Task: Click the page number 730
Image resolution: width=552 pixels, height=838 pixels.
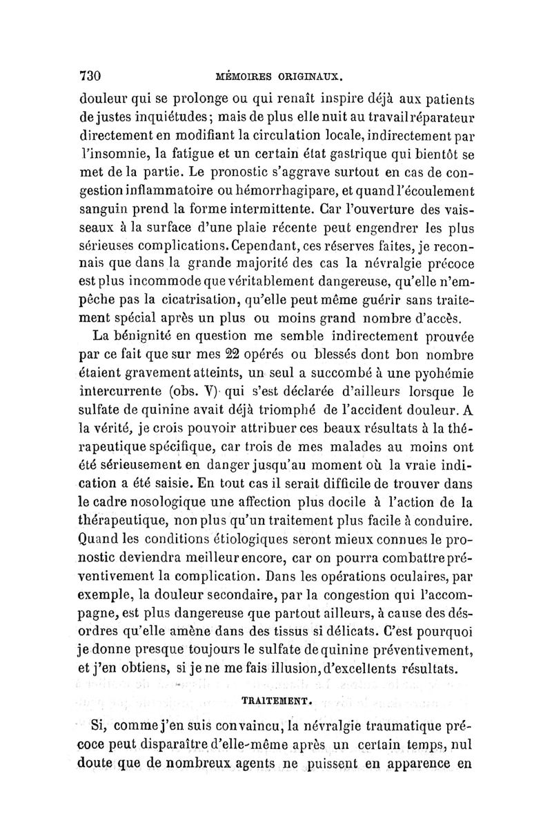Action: [x=92, y=74]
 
